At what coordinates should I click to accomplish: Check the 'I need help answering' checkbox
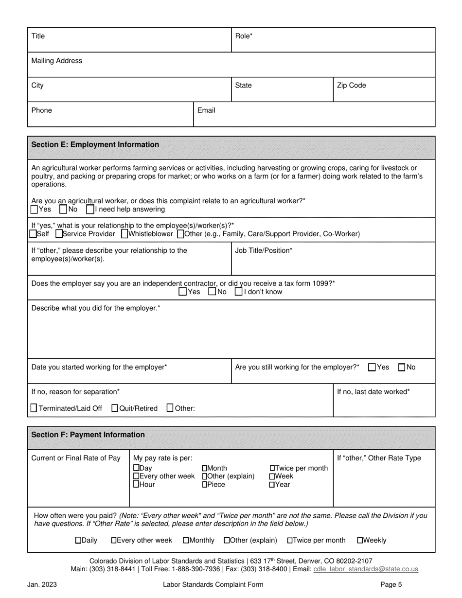coord(90,210)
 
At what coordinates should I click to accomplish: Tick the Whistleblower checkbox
coord(124,234)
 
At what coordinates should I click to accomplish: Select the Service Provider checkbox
coord(59,234)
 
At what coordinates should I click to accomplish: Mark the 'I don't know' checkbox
coord(239,292)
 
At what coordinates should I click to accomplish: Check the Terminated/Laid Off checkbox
coord(34,408)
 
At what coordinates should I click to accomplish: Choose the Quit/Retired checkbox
coord(115,408)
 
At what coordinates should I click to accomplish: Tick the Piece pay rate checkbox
coord(204,485)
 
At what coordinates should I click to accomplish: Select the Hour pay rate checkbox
coord(136,485)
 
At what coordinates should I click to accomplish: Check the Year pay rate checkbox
coord(272,485)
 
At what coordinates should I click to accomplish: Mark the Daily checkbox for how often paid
coord(78,540)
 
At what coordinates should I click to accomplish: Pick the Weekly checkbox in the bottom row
coord(360,540)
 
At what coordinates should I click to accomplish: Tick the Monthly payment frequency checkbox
coord(186,540)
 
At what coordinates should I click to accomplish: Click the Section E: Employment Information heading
coord(95,145)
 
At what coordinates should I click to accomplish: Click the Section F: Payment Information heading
coord(88,435)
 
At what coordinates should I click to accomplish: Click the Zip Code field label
coord(351,86)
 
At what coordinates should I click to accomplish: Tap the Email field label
coord(206,110)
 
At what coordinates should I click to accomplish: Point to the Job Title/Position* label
coord(264,250)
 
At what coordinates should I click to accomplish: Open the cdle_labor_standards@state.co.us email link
coord(366,569)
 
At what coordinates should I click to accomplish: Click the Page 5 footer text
coord(391,585)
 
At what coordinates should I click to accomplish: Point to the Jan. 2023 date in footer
coord(42,585)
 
